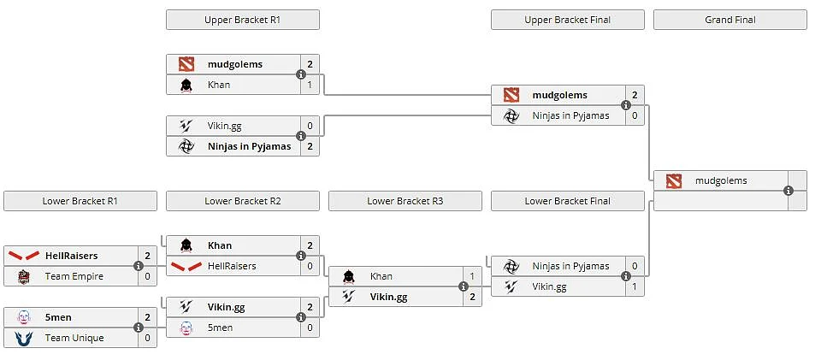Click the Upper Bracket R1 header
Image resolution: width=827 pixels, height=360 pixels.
pyautogui.click(x=243, y=20)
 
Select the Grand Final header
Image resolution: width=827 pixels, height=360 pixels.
pyautogui.click(x=730, y=20)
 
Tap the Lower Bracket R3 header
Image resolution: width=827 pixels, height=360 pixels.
pyautogui.click(x=405, y=201)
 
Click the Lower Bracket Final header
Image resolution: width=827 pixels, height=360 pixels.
pyautogui.click(x=568, y=201)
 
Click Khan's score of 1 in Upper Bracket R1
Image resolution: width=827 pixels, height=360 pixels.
pyautogui.click(x=310, y=85)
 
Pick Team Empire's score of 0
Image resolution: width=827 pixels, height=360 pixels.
pyautogui.click(x=148, y=276)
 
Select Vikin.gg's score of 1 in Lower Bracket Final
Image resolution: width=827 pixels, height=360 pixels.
pyautogui.click(x=635, y=286)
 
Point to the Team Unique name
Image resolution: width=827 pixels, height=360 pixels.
pyautogui.click(x=74, y=338)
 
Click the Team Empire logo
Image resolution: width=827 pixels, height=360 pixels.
pyautogui.click(x=23, y=276)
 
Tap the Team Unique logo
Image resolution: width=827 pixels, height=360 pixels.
pyautogui.click(x=23, y=338)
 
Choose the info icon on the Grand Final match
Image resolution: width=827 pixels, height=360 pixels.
pyautogui.click(x=789, y=191)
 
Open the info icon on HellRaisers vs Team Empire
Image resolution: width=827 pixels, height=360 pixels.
pyautogui.click(x=139, y=266)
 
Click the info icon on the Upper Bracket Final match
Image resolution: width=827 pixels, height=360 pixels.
pyautogui.click(x=626, y=105)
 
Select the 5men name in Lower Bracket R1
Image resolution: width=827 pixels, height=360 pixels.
pyautogui.click(x=58, y=317)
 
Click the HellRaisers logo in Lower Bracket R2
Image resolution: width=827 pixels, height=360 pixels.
pyautogui.click(x=186, y=266)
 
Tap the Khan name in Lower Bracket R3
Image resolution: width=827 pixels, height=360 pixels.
pyautogui.click(x=381, y=276)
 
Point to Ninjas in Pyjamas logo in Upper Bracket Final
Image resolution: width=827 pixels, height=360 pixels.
pyautogui.click(x=511, y=116)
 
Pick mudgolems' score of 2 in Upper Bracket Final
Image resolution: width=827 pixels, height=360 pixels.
pyautogui.click(x=635, y=96)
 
